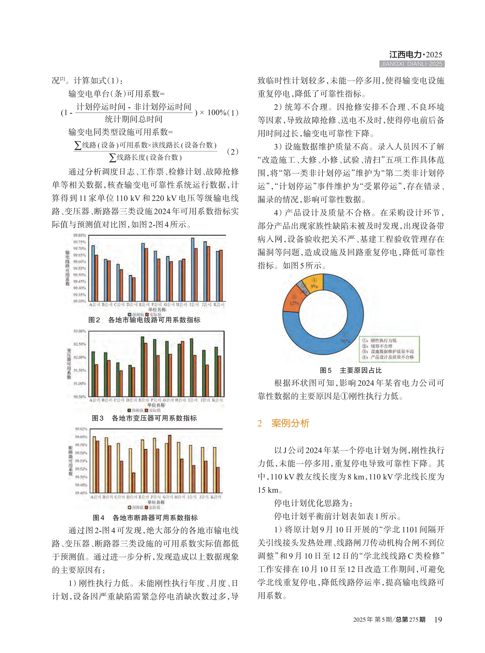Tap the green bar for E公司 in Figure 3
pyautogui.click(x=142, y=367)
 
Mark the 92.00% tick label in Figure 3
pyautogui.click(x=80, y=357)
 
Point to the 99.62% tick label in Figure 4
pyautogui.click(x=81, y=429)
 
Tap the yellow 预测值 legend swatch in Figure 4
pyautogui.click(x=130, y=507)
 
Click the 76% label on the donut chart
pyautogui.click(x=345, y=341)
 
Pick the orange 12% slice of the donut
pyautogui.click(x=292, y=301)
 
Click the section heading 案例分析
pyautogui.click(x=290, y=423)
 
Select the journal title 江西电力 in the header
pyautogui.click(x=405, y=55)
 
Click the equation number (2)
pyautogui.click(x=232, y=152)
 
